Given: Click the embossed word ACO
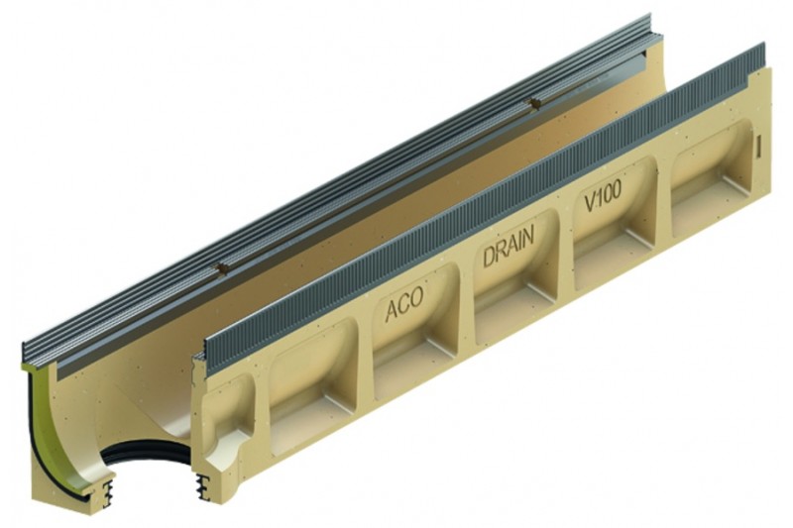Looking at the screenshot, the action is (x=403, y=304).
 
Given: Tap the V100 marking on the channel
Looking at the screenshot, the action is (x=603, y=195).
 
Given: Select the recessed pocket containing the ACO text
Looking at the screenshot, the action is (x=414, y=328).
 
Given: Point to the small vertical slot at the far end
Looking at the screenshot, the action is (x=758, y=146).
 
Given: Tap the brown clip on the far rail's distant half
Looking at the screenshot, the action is (x=533, y=104).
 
